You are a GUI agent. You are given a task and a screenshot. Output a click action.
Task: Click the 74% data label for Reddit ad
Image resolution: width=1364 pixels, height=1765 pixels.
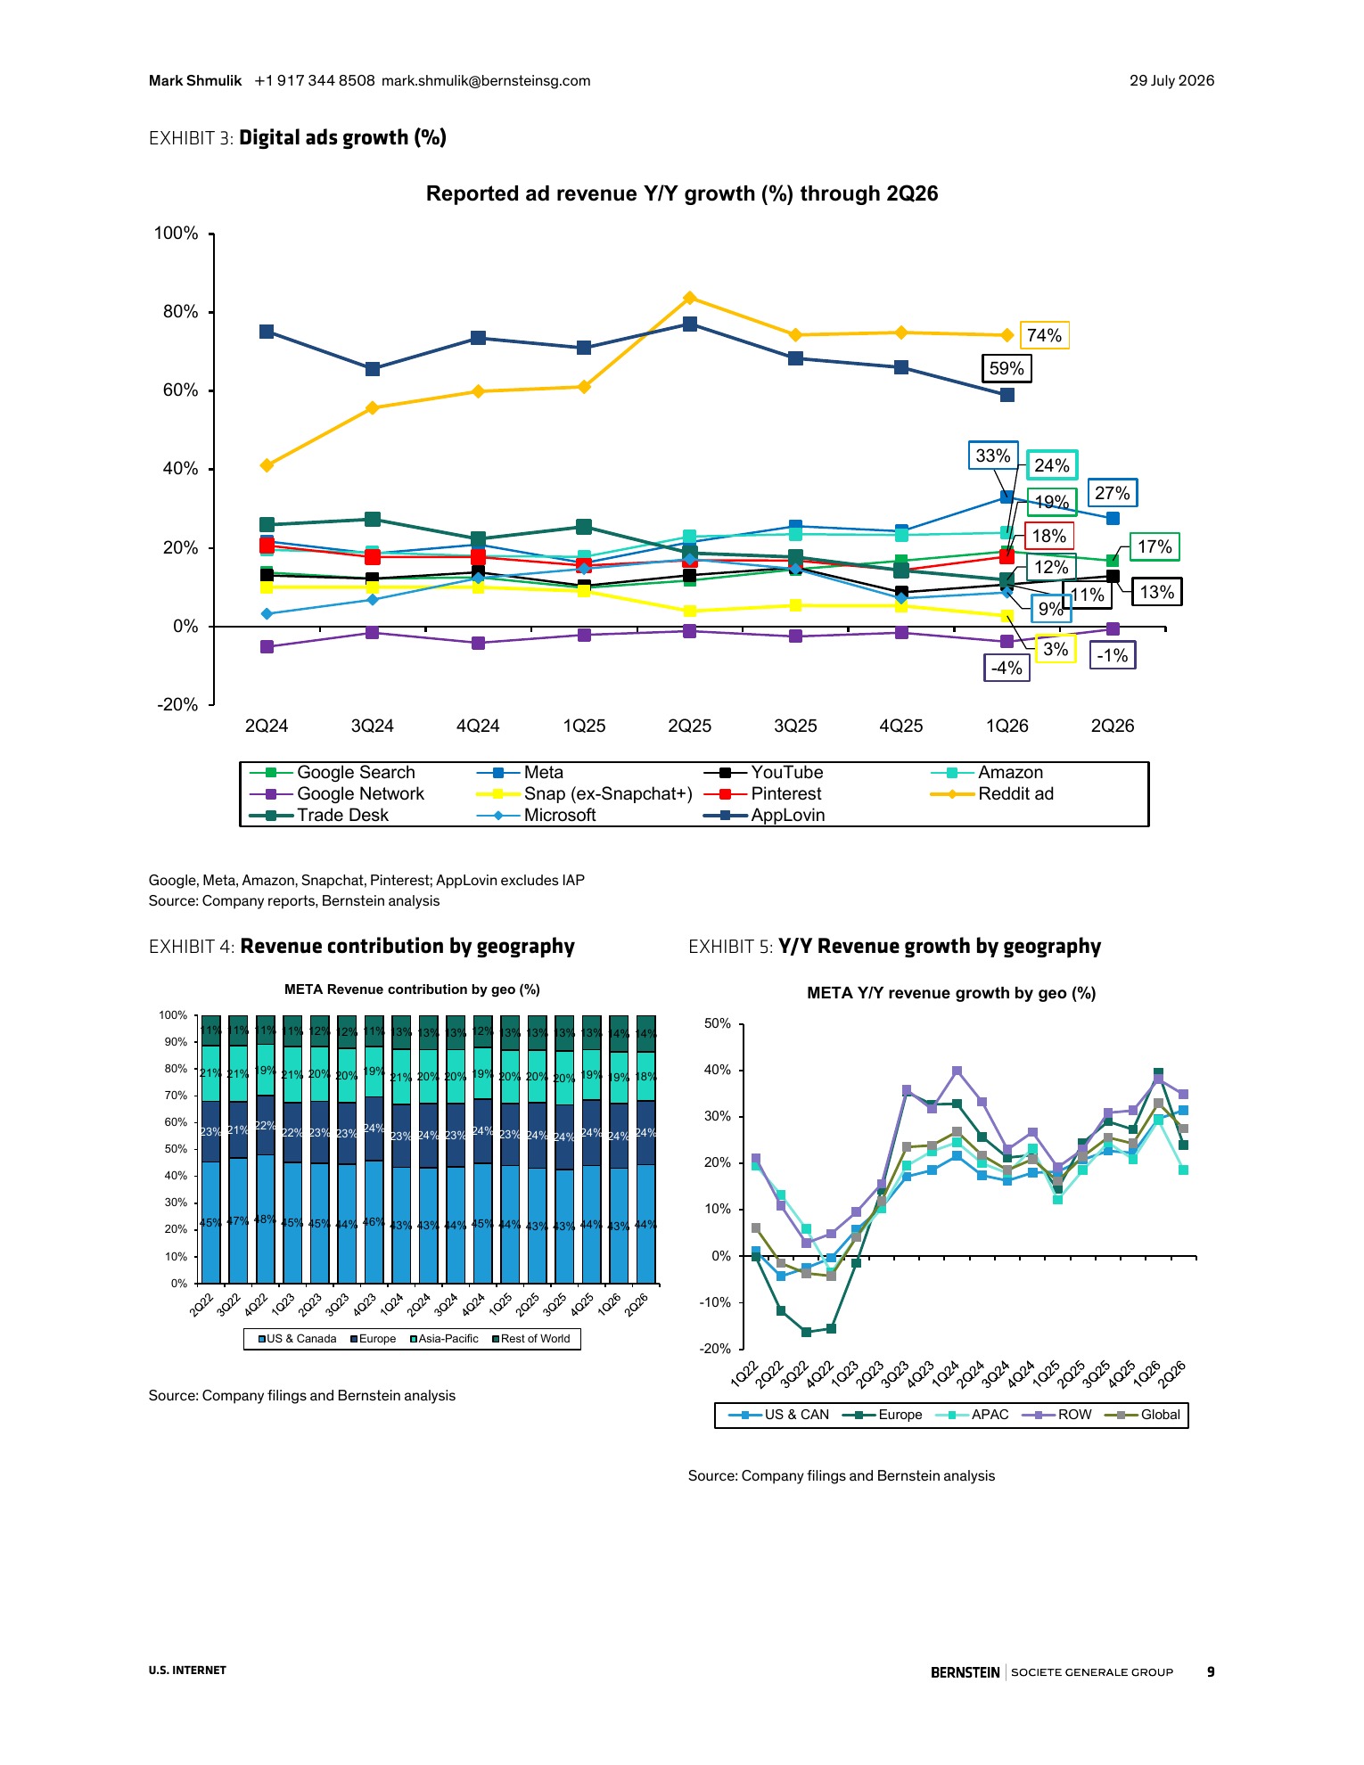[x=1044, y=335]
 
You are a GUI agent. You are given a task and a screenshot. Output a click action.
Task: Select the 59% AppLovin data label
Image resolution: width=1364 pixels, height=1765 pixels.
[x=1007, y=368]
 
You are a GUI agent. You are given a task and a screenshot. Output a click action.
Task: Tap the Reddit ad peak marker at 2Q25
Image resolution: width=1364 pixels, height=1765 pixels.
[x=689, y=298]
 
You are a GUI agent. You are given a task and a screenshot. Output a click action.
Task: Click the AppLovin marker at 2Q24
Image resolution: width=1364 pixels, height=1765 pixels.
[x=267, y=332]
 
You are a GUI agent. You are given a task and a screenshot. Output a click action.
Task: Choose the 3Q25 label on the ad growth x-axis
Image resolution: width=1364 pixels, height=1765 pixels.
[x=795, y=726]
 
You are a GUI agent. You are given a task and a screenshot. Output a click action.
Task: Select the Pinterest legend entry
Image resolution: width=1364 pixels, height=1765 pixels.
[x=763, y=793]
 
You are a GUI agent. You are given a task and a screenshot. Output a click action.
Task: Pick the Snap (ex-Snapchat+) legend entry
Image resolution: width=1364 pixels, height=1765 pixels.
[x=585, y=793]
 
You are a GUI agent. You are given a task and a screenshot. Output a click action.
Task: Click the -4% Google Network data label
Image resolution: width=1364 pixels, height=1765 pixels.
[x=1007, y=668]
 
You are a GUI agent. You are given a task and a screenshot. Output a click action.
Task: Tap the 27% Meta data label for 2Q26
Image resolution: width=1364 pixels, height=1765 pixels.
[x=1112, y=493]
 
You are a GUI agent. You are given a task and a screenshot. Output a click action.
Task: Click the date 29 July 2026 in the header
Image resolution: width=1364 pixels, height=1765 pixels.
[x=1171, y=80]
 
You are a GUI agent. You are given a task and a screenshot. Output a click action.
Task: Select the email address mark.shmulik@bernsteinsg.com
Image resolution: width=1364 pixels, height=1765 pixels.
[x=486, y=80]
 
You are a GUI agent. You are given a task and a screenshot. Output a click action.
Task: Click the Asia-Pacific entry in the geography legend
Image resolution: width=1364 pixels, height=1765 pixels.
[x=444, y=1338]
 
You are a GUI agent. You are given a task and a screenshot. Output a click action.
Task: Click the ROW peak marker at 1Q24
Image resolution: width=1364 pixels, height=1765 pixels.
[x=957, y=1071]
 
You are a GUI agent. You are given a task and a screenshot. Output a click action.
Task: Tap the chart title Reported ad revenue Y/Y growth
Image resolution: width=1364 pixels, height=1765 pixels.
[x=682, y=193]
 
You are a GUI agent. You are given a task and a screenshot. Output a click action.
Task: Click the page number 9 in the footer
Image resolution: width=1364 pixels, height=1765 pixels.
[x=1211, y=1671]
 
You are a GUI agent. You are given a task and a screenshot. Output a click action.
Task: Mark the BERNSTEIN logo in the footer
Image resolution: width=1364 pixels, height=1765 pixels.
[x=965, y=1672]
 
